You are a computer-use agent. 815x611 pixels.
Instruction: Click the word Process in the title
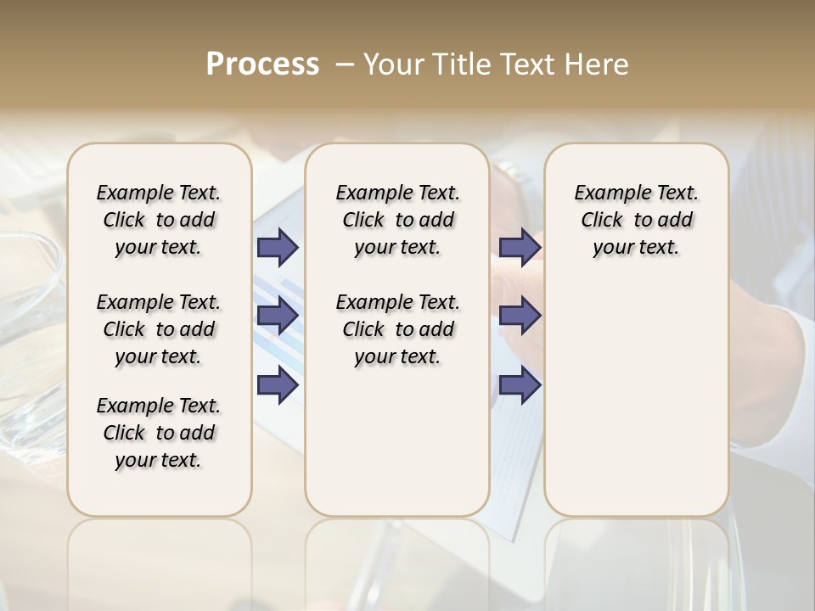pos(262,64)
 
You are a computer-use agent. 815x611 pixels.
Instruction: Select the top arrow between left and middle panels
pos(278,247)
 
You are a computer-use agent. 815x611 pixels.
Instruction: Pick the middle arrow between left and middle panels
pos(278,316)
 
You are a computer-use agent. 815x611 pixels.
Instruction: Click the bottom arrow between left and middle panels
pos(278,385)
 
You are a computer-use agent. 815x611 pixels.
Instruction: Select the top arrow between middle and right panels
pos(520,247)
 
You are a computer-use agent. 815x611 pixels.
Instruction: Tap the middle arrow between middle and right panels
pos(520,316)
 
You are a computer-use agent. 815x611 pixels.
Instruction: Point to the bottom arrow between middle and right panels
pos(520,385)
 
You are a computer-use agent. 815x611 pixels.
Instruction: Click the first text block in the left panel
pos(159,220)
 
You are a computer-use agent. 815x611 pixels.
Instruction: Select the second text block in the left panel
pos(159,329)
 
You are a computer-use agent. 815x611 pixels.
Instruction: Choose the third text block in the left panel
pos(159,433)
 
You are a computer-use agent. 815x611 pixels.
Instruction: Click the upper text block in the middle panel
pos(397,220)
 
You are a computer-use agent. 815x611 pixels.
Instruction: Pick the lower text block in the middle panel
pos(397,329)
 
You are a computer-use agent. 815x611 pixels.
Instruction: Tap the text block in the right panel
pos(636,220)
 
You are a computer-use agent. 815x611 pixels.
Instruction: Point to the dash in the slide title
pos(344,64)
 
